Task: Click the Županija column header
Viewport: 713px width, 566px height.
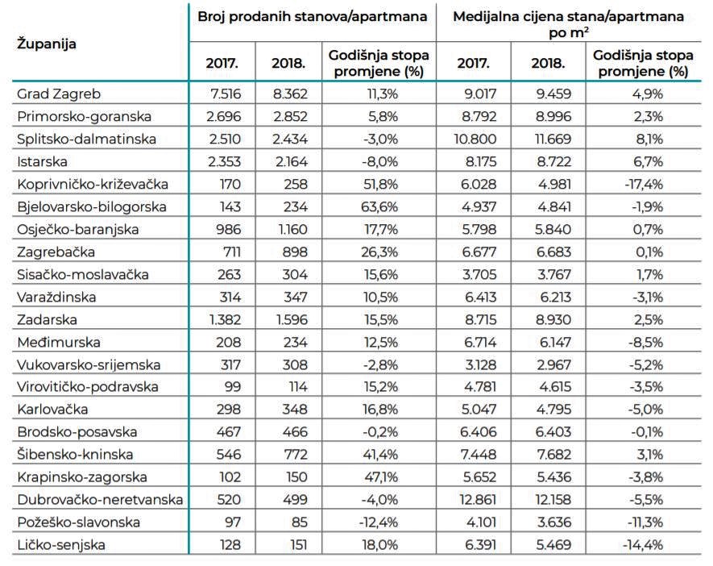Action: pos(47,44)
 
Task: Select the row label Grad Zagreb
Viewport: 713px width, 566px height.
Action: pos(59,94)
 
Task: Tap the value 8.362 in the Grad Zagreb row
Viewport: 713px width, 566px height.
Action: pos(290,94)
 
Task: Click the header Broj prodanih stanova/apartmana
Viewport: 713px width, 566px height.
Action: pos(312,17)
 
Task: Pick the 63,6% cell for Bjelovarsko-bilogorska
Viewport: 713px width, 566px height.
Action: pos(379,206)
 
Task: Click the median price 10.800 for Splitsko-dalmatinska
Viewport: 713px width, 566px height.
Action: pos(475,139)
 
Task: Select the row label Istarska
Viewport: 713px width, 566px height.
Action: pos(42,161)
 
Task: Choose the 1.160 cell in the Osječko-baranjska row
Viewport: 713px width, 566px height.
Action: pos(292,229)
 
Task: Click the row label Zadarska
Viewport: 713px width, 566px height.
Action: pos(47,319)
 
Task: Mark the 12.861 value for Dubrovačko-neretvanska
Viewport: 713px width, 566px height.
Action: pos(478,500)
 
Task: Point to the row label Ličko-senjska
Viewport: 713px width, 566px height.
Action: pos(61,545)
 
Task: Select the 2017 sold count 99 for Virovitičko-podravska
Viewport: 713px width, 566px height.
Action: pos(232,387)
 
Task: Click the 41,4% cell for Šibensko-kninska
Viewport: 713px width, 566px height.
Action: pos(379,454)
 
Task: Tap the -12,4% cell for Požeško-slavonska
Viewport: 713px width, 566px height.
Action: pos(379,522)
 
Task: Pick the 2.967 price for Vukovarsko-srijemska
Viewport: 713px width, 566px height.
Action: pos(553,364)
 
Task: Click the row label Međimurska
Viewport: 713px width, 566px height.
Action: pos(59,342)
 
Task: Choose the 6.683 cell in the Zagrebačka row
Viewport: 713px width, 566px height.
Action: pos(553,252)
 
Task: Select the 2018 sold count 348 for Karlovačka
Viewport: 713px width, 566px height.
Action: pos(295,409)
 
